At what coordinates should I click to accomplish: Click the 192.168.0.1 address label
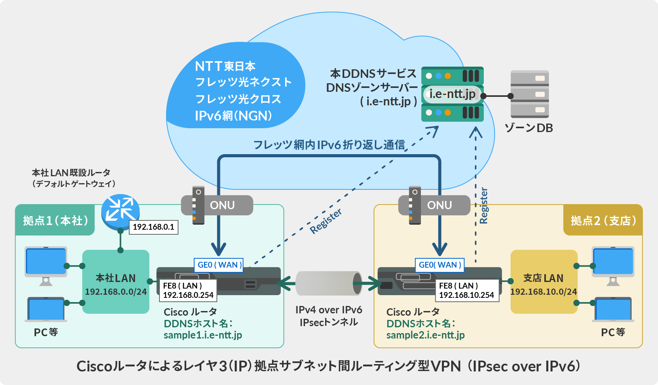(x=153, y=227)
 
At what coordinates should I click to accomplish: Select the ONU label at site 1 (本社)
(x=222, y=205)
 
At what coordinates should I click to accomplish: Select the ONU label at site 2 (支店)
(x=439, y=205)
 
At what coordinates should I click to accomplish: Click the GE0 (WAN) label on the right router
(x=440, y=265)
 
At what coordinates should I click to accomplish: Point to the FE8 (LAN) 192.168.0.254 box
(x=188, y=290)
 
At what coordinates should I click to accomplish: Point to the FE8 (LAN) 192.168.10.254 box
(x=466, y=290)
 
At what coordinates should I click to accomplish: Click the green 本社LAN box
(x=116, y=282)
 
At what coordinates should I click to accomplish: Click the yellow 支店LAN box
(x=543, y=282)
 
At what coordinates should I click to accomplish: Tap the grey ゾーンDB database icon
(x=530, y=94)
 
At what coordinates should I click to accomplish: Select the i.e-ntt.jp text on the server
(x=452, y=94)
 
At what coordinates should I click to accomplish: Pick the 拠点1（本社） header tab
(x=55, y=221)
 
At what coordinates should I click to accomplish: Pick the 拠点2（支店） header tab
(x=603, y=221)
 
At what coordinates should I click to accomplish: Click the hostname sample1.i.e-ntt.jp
(x=203, y=335)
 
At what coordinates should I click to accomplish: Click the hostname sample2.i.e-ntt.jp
(x=425, y=335)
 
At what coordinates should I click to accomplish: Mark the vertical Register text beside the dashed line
(x=483, y=206)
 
